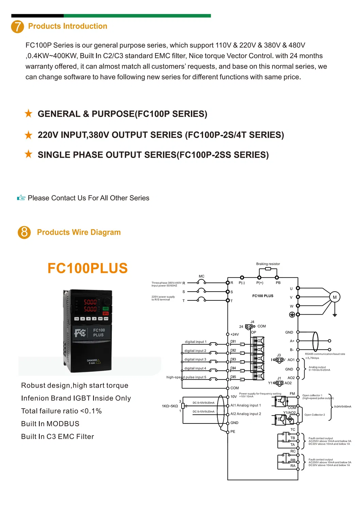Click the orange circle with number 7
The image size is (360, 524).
click(x=18, y=27)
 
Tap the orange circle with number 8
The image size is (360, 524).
click(x=24, y=232)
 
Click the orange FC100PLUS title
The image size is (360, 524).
click(x=87, y=268)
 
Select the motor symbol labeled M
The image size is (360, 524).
click(x=335, y=297)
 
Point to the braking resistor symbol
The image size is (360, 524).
click(x=268, y=269)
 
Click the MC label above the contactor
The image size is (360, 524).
click(x=202, y=276)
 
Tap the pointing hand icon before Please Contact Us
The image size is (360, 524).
click(x=21, y=198)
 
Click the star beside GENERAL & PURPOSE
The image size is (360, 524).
click(x=29, y=113)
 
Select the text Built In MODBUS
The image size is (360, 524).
click(x=50, y=424)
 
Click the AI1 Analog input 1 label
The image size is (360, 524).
click(x=245, y=405)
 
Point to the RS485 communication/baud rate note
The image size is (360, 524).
click(x=325, y=354)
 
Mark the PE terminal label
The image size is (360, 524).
click(x=233, y=432)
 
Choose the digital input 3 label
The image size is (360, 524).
click(x=195, y=360)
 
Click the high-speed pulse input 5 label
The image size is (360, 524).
click(x=186, y=377)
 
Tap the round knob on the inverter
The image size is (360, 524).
click(x=107, y=301)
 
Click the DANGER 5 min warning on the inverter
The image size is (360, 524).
click(x=93, y=362)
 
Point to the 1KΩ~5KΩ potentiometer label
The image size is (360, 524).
click(x=170, y=406)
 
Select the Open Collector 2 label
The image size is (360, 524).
click(x=314, y=415)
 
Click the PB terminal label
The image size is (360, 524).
click(x=278, y=283)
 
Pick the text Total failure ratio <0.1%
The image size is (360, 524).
click(x=61, y=411)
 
